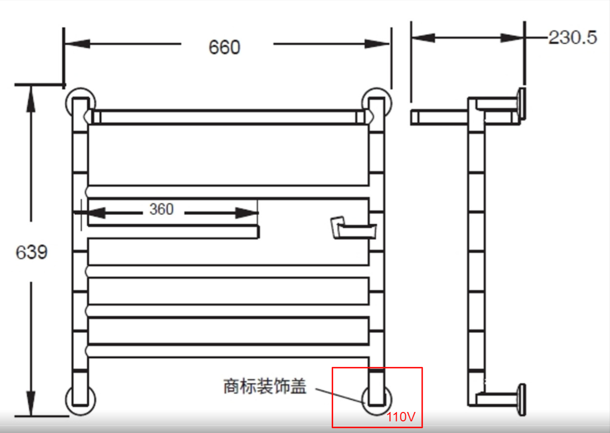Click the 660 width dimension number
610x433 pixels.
(224, 48)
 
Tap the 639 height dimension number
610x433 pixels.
(32, 252)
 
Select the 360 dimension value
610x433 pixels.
(161, 209)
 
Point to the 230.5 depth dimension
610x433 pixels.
(572, 38)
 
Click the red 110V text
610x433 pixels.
(401, 417)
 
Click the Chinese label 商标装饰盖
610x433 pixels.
(265, 386)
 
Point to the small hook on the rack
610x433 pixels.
(353, 228)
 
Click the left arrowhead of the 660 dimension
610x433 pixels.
(78, 44)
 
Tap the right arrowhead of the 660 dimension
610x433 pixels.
(377, 44)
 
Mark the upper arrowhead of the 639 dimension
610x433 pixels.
(30, 99)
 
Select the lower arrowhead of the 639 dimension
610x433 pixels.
(30, 403)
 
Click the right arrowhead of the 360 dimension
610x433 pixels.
(247, 213)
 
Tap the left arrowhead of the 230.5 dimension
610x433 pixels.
(423, 38)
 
